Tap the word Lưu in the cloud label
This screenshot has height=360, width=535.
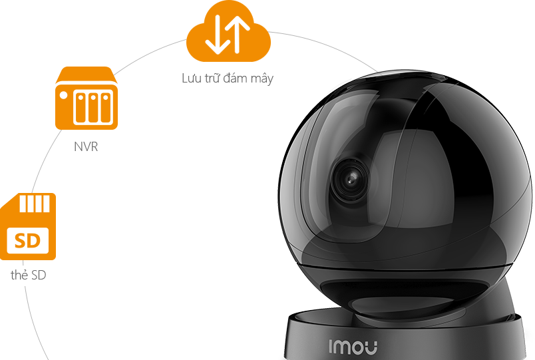(x=191, y=79)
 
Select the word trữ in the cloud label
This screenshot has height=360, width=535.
(x=212, y=79)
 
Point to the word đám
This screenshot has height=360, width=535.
(x=235, y=79)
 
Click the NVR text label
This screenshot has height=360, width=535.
(x=87, y=146)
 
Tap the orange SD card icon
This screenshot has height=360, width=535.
(x=27, y=226)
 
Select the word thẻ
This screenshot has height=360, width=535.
(x=19, y=274)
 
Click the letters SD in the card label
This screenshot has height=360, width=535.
(x=39, y=274)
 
